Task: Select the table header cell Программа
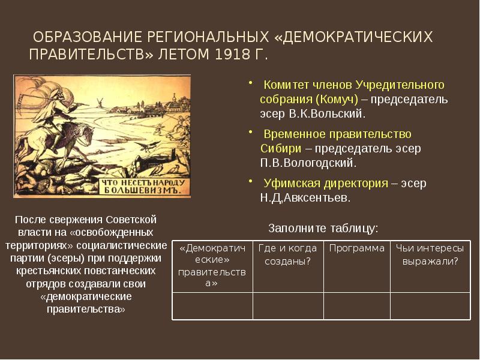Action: tap(357, 248)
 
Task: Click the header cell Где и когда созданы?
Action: tap(288, 254)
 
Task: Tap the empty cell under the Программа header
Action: tap(357, 305)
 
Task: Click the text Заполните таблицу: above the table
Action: tap(323, 228)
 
